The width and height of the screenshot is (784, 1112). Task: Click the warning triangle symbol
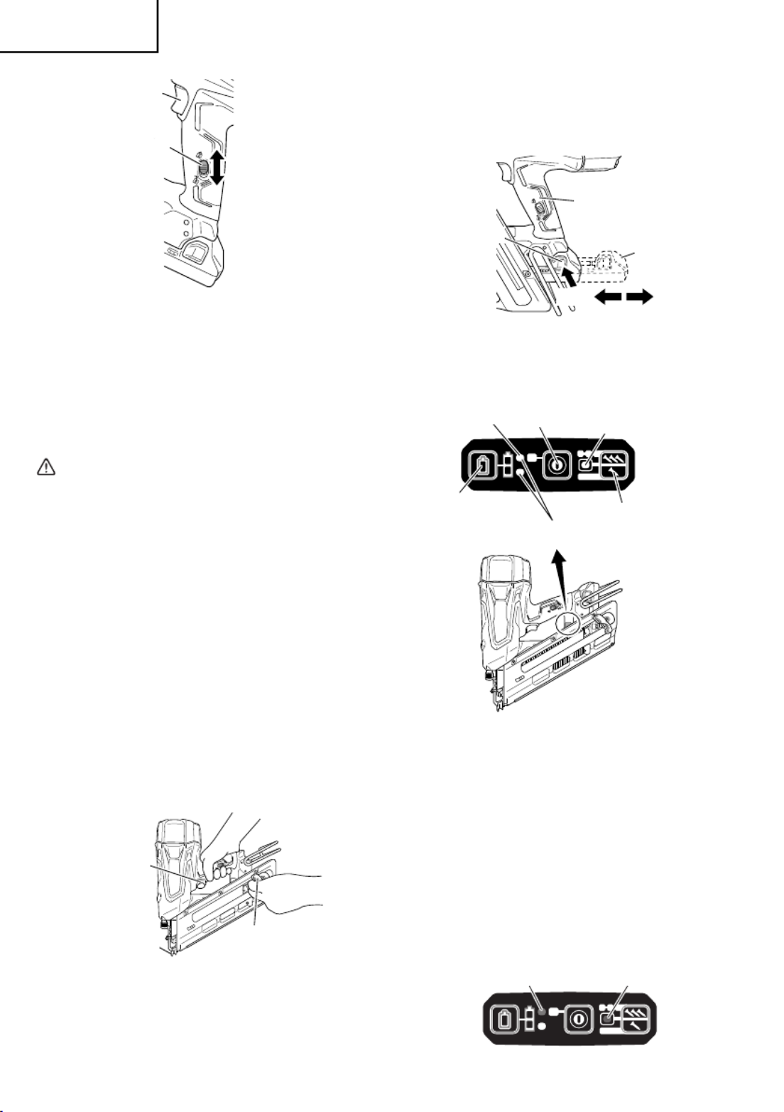tap(45, 467)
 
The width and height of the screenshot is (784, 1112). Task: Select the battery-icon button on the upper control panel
tap(484, 467)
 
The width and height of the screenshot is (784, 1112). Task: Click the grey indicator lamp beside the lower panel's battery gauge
tap(543, 1011)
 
